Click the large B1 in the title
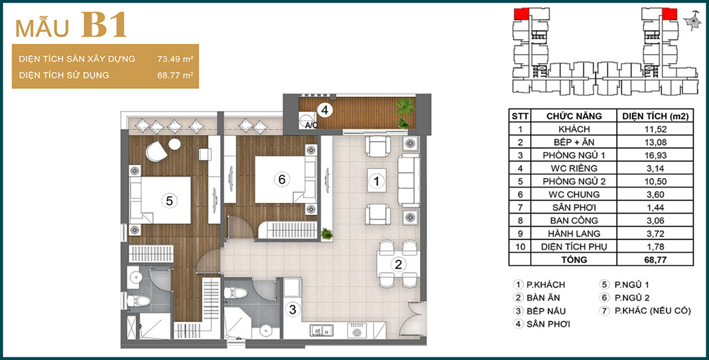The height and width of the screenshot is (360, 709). pyautogui.click(x=104, y=25)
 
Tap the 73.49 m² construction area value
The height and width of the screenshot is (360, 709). pyautogui.click(x=176, y=59)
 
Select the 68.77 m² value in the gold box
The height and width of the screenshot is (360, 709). pyautogui.click(x=176, y=75)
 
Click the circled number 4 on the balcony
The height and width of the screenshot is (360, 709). pyautogui.click(x=325, y=110)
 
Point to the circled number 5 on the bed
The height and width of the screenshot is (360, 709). pyautogui.click(x=169, y=201)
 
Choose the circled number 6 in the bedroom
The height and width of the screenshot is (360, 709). pyautogui.click(x=282, y=179)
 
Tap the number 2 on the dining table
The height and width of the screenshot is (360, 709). pyautogui.click(x=398, y=264)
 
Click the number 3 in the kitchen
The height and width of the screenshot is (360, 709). pyautogui.click(x=293, y=310)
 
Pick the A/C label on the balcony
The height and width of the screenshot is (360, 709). pyautogui.click(x=311, y=125)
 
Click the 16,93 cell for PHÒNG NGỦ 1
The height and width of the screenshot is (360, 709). pyautogui.click(x=655, y=155)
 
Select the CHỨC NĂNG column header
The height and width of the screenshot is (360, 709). pyautogui.click(x=574, y=116)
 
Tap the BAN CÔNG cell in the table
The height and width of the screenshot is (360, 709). pyautogui.click(x=574, y=220)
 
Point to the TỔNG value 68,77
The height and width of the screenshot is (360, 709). pyautogui.click(x=655, y=260)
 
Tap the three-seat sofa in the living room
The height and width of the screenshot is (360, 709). pyautogui.click(x=409, y=181)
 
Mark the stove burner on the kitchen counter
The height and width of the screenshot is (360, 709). pyautogui.click(x=357, y=331)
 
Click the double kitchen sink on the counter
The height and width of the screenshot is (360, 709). pyautogui.click(x=321, y=331)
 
